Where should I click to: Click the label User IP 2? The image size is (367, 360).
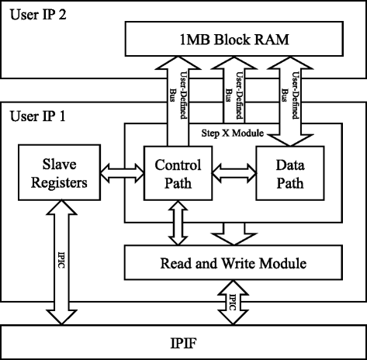tap(36, 16)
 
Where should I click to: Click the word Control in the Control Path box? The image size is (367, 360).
tap(178, 164)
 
